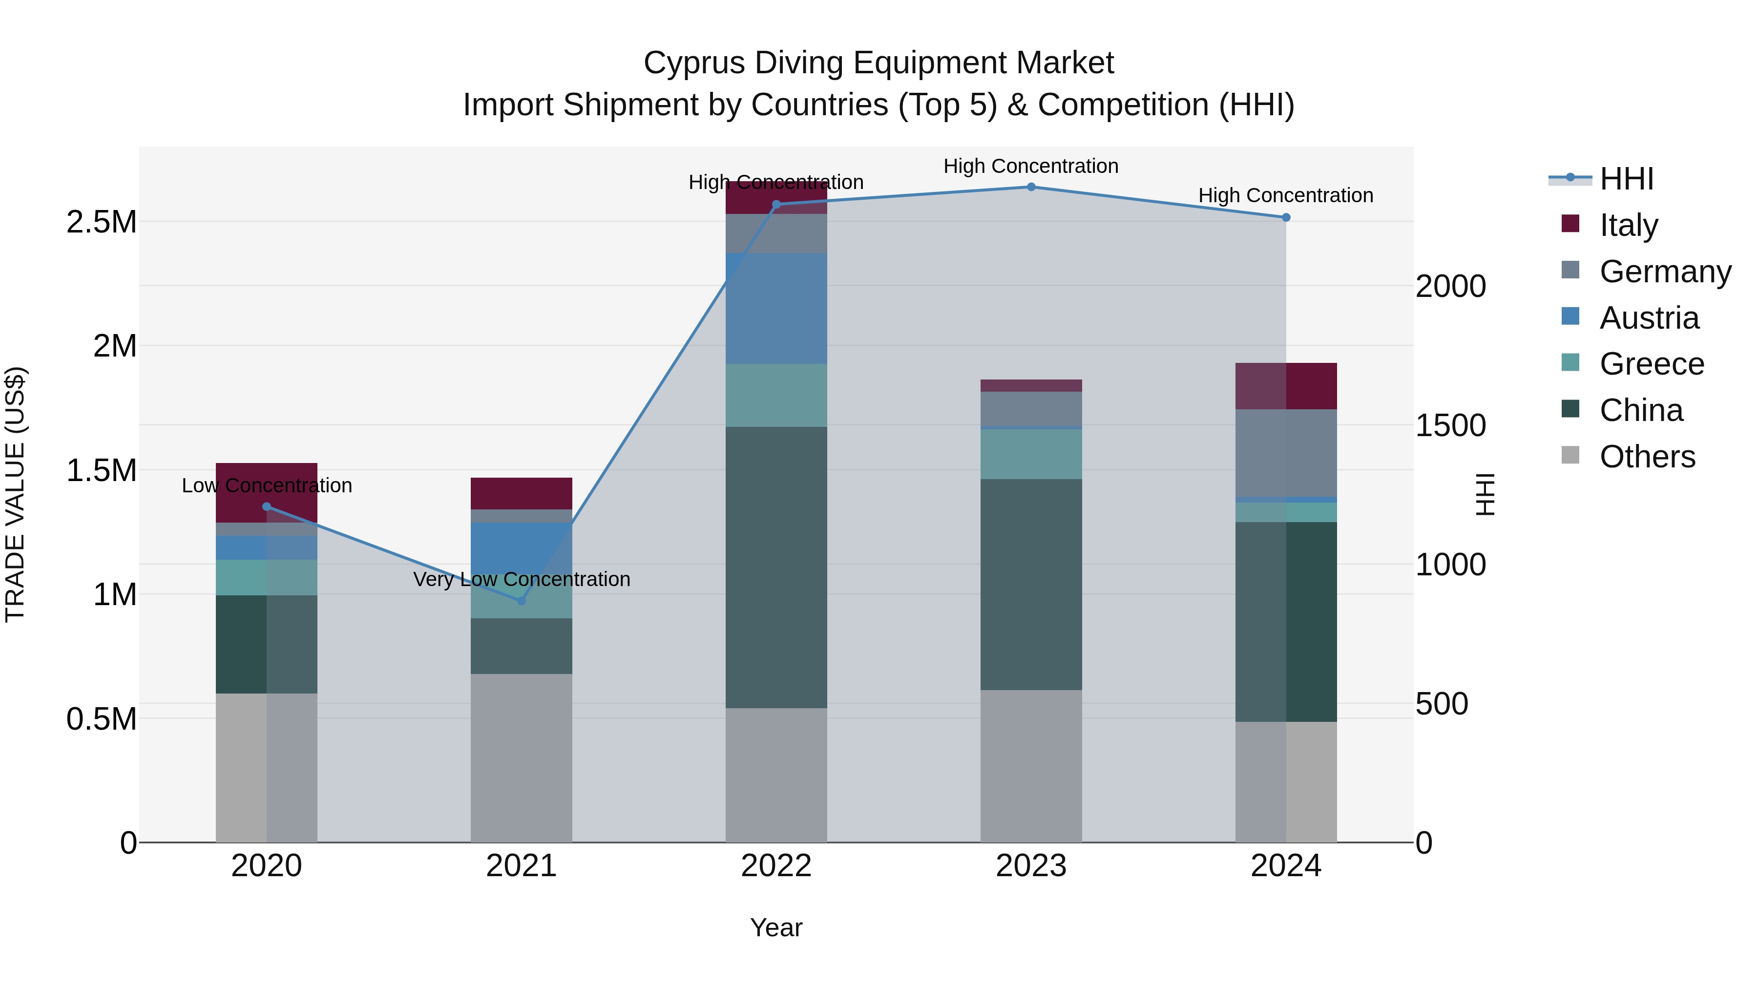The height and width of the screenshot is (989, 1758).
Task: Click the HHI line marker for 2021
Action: (522, 601)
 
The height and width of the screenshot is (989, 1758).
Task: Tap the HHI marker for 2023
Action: (1031, 187)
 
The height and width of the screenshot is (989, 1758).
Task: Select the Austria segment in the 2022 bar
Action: (776, 309)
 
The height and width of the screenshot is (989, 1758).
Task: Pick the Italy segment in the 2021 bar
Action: (522, 493)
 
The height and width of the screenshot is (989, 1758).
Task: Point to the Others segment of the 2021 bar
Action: (522, 758)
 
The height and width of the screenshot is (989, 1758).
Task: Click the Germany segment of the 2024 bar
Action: (1286, 453)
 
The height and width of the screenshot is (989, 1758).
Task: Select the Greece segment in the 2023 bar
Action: (1031, 454)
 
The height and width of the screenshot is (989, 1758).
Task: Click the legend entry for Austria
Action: (1648, 318)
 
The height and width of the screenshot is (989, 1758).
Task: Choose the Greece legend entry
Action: (1651, 364)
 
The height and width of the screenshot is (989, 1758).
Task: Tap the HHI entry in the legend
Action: (1626, 179)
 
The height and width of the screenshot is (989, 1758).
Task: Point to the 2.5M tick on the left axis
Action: (101, 222)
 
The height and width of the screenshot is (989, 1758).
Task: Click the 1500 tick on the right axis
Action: (1450, 425)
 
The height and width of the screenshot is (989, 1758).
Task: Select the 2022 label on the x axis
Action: (776, 866)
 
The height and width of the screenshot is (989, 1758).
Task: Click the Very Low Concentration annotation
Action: (522, 579)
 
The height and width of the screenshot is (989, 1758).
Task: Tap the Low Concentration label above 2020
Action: (267, 485)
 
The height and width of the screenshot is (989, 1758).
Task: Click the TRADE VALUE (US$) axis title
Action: (15, 494)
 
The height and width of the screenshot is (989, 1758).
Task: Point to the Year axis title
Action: (776, 927)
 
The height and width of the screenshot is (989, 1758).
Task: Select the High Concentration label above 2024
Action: (1286, 195)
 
